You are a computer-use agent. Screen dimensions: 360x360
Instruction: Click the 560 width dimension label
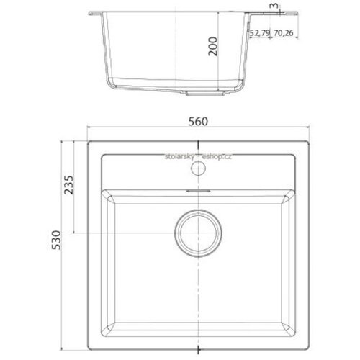[x=198, y=122]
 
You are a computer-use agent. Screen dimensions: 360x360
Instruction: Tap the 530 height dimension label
[x=56, y=240]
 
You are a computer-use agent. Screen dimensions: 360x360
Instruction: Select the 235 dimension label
[x=68, y=185]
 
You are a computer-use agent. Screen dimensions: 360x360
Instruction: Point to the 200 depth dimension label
[x=212, y=46]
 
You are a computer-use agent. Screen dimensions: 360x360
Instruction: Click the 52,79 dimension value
[x=260, y=33]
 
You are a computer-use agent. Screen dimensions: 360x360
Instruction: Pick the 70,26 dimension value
[x=284, y=33]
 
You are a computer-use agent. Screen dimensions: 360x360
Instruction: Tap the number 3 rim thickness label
[x=274, y=6]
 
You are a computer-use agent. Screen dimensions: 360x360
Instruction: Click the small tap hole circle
[x=198, y=168]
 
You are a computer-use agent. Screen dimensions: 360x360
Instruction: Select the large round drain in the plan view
[x=198, y=233]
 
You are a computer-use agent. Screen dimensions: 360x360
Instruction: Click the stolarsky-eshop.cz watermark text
[x=198, y=156]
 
